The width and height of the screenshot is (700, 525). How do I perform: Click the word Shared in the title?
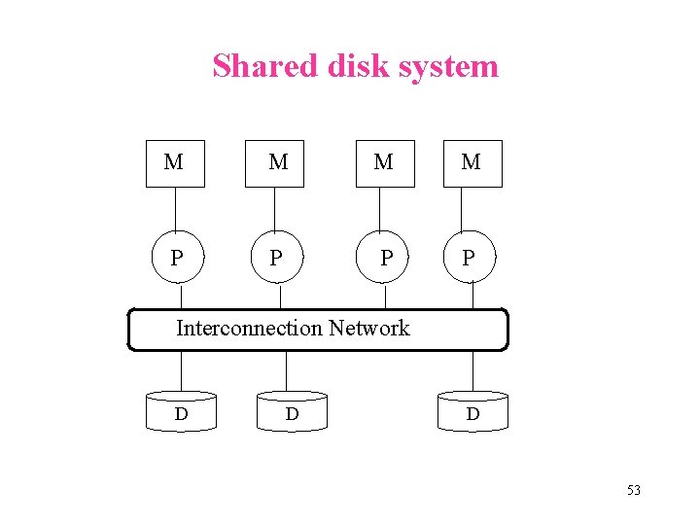click(253, 66)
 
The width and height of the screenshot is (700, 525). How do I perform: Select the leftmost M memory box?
click(175, 162)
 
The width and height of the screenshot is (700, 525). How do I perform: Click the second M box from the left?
click(279, 162)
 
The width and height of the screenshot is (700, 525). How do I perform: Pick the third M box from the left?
click(384, 162)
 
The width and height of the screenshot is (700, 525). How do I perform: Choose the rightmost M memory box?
click(471, 162)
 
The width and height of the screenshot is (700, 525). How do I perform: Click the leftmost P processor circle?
click(176, 259)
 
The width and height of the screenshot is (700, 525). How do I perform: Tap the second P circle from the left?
click(278, 259)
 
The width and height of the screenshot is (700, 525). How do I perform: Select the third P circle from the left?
click(386, 259)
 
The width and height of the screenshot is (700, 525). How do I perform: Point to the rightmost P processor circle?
click(471, 259)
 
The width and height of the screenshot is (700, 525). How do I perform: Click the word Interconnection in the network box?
click(249, 329)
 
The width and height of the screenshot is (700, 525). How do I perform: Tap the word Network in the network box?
click(368, 329)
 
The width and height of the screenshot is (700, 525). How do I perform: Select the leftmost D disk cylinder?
click(182, 413)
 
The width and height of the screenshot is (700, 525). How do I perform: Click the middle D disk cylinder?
click(292, 413)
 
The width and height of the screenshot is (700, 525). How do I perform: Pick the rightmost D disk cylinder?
click(472, 413)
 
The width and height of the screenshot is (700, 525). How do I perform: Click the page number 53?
click(633, 490)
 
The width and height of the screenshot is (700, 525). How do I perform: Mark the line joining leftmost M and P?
click(175, 211)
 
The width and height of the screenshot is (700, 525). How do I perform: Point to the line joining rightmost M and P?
click(471, 211)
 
